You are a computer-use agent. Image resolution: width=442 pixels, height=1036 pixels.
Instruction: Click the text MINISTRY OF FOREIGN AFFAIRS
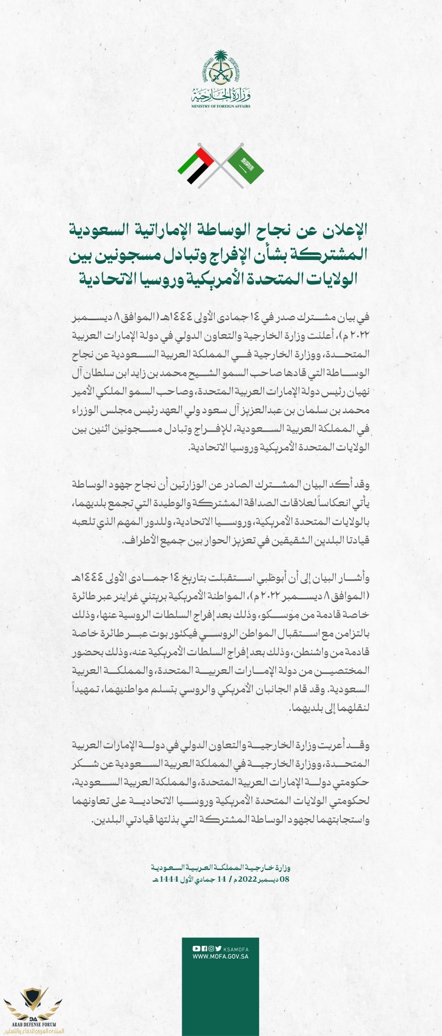pos(221,106)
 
